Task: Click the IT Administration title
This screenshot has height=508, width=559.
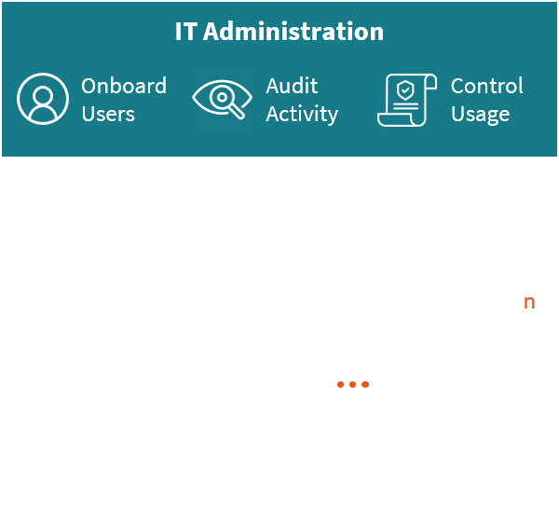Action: [x=279, y=32]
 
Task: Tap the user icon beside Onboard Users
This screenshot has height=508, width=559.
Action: [x=43, y=100]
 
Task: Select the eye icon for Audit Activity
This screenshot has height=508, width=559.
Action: [x=222, y=100]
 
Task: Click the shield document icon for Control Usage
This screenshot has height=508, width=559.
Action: [x=407, y=100]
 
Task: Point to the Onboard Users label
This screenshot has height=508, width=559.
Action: [x=123, y=100]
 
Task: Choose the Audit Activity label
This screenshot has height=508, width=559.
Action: [x=301, y=100]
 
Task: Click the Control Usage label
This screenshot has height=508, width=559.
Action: [x=486, y=100]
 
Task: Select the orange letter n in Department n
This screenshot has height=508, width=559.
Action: [x=529, y=302]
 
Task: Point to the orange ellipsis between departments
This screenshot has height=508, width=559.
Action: [x=353, y=384]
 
